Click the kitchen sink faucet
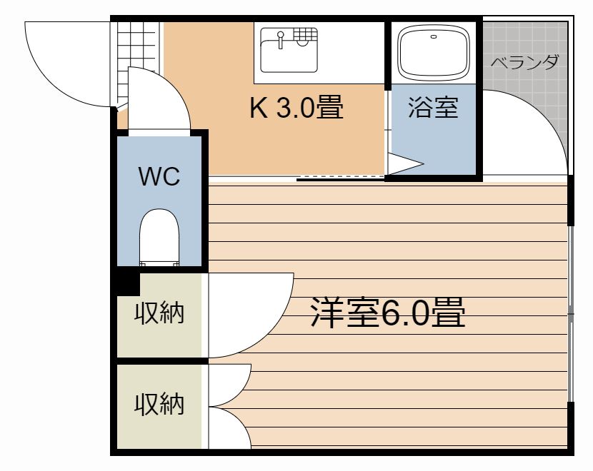pos(281,40)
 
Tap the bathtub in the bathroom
pos(433,54)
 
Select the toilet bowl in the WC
pos(158,232)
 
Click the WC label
pos(159,176)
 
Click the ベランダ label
pos(524,62)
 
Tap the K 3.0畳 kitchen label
pos(296,108)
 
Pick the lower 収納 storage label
pos(159,405)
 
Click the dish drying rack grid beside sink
pos(305,34)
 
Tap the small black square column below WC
pos(127,283)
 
